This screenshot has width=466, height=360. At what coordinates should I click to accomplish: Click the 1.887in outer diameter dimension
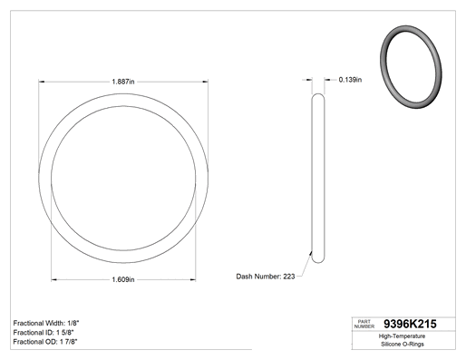tap(123, 82)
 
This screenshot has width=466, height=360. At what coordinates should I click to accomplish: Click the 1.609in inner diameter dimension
tap(123, 279)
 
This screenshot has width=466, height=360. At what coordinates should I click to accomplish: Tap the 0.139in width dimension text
tap(350, 80)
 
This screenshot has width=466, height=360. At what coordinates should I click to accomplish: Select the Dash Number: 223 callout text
tap(266, 277)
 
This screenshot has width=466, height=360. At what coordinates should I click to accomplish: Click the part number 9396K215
tap(410, 324)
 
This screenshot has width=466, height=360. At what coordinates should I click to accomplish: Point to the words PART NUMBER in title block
tap(364, 324)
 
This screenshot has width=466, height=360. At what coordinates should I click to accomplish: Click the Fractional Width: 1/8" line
tap(46, 323)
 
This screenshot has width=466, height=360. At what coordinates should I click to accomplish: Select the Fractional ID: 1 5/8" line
tap(44, 333)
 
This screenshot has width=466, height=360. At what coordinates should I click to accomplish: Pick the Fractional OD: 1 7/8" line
tap(45, 342)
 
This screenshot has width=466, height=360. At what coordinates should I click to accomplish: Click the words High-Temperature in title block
tap(402, 336)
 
